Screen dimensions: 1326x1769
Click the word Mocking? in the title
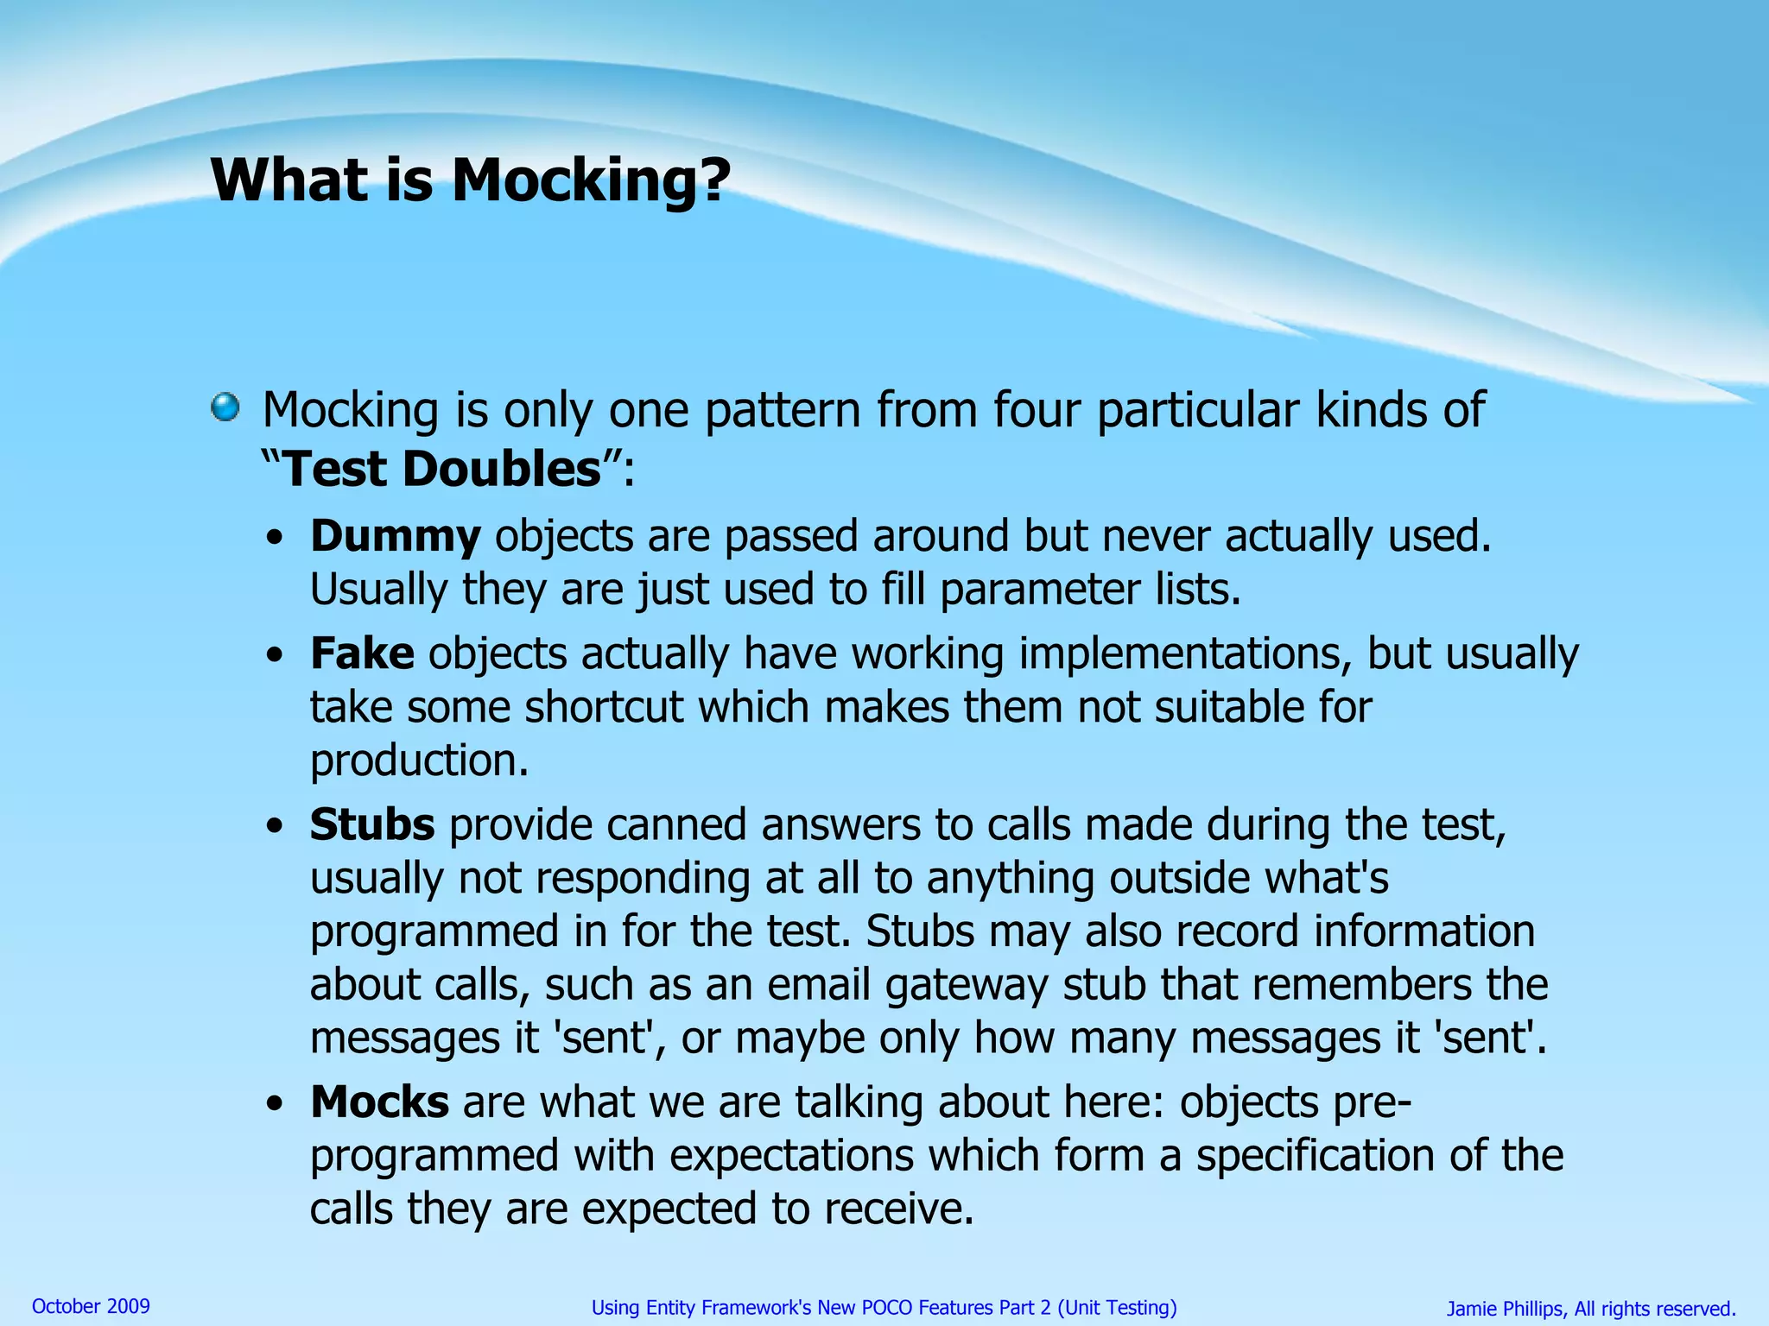[x=591, y=181]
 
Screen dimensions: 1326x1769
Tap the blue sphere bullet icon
[x=225, y=407]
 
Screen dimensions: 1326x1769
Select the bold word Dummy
[x=395, y=536]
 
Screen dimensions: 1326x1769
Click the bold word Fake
[x=362, y=654]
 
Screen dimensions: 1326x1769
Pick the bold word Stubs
[x=372, y=824]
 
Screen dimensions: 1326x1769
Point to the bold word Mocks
[x=379, y=1102]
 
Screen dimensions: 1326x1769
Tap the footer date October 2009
[x=91, y=1306]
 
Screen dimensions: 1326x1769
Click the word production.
[x=419, y=761]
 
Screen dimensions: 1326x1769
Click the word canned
[x=676, y=824]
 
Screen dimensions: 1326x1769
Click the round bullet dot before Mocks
[x=275, y=1103]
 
